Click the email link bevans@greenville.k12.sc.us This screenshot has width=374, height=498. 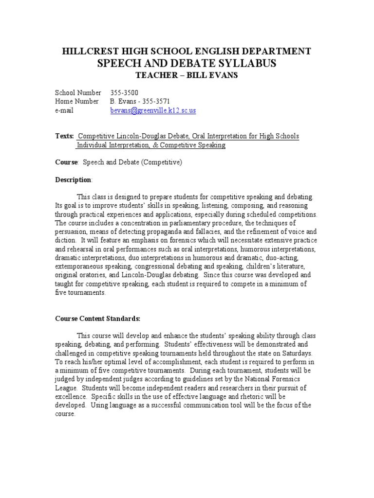153,111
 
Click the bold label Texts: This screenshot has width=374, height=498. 64,136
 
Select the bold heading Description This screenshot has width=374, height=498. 73,180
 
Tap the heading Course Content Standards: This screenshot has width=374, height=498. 97,319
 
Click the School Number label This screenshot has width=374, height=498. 78,92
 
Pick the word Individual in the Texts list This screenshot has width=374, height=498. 91,145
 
